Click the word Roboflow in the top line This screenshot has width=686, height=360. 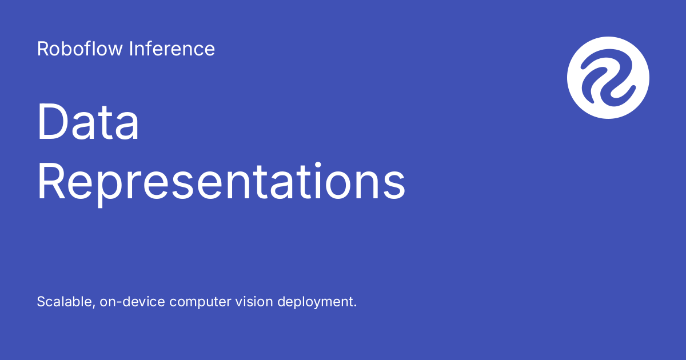point(80,49)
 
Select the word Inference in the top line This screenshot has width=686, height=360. point(171,49)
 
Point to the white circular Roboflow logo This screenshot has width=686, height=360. point(608,77)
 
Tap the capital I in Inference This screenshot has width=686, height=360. point(131,49)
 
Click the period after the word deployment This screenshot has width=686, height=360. point(354,306)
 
